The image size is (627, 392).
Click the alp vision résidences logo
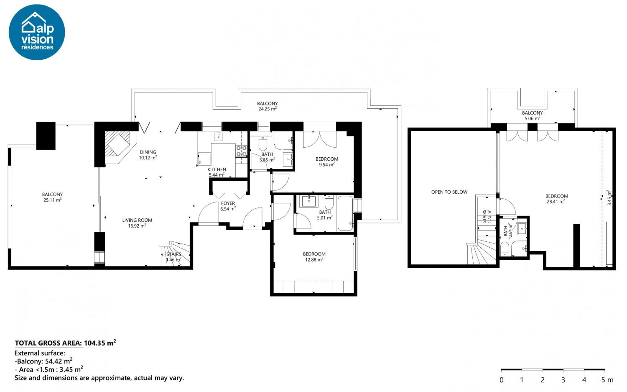point(37,32)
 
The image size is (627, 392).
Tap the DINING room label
point(148,152)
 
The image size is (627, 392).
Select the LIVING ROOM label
point(137,220)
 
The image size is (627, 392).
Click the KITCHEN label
point(217,169)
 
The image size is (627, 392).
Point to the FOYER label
point(228,203)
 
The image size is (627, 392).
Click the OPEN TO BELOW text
point(449,192)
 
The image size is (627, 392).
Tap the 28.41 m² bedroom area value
point(555,202)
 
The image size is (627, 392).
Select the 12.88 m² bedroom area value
point(314,260)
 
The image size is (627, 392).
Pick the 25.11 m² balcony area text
point(52,200)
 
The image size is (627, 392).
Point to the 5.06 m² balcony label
point(532,118)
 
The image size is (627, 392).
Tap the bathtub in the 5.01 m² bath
point(345,213)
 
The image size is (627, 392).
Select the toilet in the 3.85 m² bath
point(263,143)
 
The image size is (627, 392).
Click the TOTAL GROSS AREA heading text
point(48,343)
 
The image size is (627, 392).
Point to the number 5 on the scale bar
point(603,380)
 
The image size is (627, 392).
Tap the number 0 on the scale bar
point(501,380)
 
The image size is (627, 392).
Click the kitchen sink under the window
point(218,136)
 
